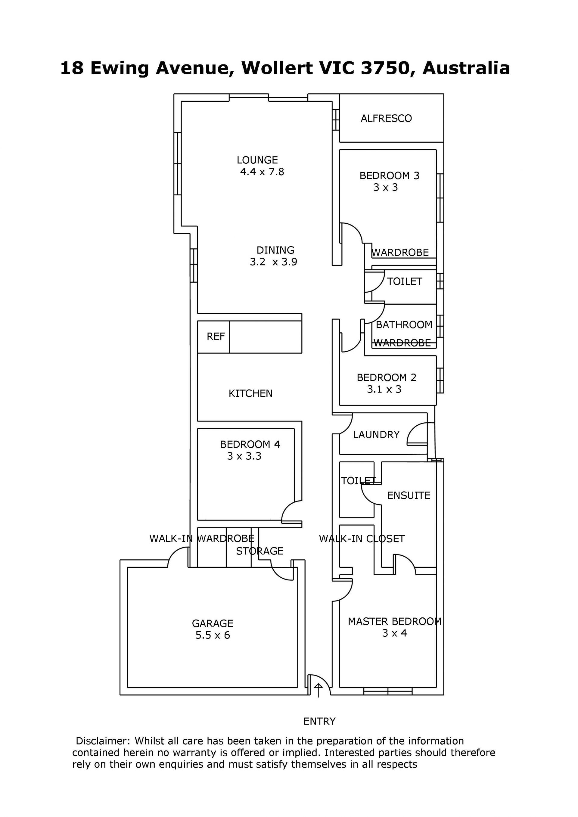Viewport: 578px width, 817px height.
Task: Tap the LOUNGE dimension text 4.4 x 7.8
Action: (262, 172)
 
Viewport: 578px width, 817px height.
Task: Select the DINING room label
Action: (275, 250)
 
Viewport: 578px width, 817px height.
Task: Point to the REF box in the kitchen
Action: (213, 337)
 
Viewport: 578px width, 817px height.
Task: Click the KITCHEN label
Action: (250, 393)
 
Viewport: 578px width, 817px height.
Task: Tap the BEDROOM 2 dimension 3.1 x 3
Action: (384, 389)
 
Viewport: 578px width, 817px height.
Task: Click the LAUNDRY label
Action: (376, 434)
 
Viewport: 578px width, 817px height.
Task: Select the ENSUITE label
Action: (409, 495)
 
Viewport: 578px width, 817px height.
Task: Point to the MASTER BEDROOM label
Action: (395, 621)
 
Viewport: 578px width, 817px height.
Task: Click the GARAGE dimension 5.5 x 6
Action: (213, 635)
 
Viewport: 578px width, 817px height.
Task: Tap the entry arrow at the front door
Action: (318, 690)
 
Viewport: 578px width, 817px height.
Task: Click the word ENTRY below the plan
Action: (320, 721)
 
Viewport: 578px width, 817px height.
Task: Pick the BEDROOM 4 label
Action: (250, 444)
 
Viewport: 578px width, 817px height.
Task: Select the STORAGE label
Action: (260, 551)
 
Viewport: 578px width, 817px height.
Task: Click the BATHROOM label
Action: (404, 325)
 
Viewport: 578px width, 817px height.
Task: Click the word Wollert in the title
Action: (278, 68)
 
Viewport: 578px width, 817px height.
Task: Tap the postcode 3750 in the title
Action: (385, 68)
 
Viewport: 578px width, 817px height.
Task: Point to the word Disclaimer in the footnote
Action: (102, 741)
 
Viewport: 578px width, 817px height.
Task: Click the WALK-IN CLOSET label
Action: (362, 539)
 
